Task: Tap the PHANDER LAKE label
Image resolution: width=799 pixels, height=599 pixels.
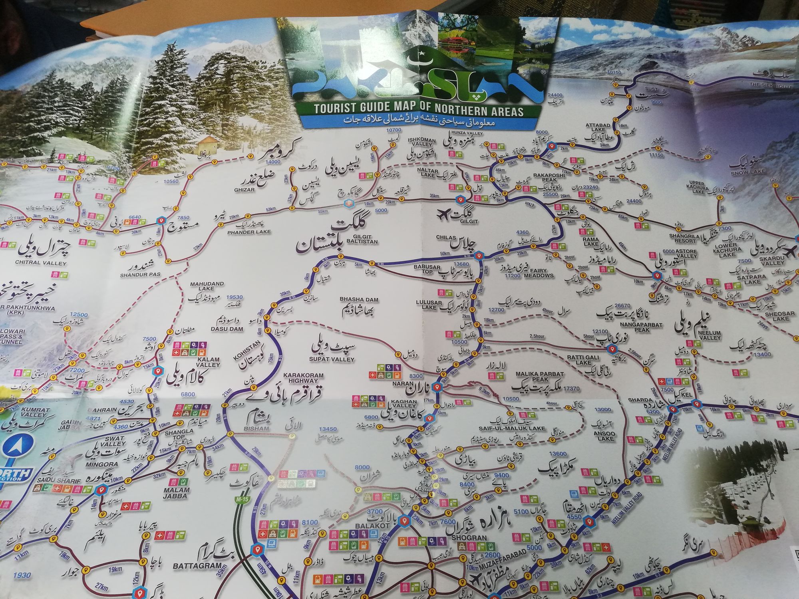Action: tap(249, 232)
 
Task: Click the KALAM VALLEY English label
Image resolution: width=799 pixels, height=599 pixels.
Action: tap(208, 362)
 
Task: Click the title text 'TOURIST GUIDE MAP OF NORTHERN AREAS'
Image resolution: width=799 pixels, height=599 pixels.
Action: tap(418, 110)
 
